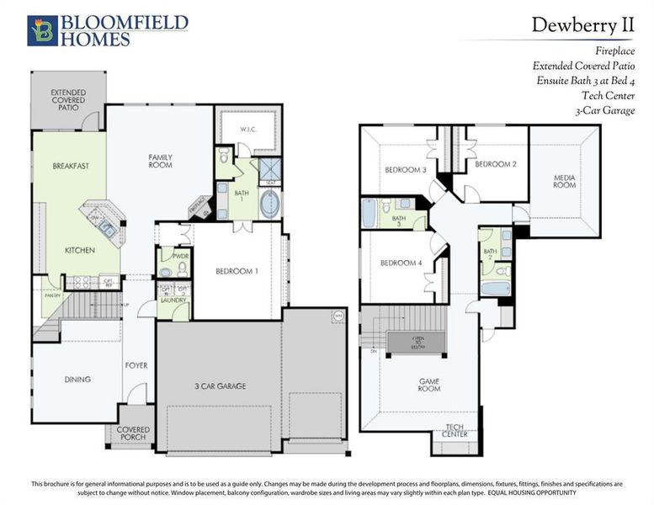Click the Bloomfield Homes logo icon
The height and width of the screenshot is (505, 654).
click(x=41, y=29)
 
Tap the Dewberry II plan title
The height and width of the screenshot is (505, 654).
click(x=582, y=25)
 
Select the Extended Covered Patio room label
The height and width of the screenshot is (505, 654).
click(x=67, y=100)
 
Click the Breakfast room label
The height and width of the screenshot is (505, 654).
click(x=71, y=166)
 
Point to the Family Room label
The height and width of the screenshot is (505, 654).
click(x=160, y=161)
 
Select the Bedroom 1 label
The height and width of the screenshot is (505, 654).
click(x=237, y=271)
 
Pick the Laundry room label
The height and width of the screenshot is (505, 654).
click(x=174, y=300)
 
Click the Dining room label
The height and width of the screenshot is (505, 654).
click(x=77, y=380)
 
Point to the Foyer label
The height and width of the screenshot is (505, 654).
click(x=136, y=365)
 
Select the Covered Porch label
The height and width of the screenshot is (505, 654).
click(x=132, y=433)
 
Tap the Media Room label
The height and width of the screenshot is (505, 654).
click(x=564, y=181)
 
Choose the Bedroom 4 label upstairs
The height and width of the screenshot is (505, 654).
click(x=400, y=263)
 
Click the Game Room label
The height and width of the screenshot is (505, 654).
click(x=429, y=385)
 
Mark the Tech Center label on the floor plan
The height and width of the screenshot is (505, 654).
click(x=455, y=431)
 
